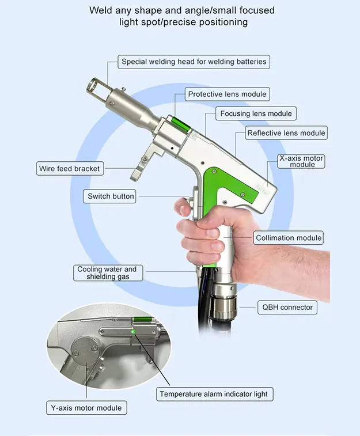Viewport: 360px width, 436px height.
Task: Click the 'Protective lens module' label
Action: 227,94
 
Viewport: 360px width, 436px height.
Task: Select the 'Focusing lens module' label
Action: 256,113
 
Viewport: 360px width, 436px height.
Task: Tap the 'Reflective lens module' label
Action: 286,133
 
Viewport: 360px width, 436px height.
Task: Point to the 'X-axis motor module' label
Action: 301,161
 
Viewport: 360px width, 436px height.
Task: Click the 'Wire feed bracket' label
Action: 70,169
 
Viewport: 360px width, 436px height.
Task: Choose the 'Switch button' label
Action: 109,196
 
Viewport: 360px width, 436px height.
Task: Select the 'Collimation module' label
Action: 288,238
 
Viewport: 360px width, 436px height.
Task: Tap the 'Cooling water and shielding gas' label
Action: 108,273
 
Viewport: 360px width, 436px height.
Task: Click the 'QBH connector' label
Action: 287,307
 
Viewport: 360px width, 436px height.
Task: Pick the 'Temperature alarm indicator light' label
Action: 215,394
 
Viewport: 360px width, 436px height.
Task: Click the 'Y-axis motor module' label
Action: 86,408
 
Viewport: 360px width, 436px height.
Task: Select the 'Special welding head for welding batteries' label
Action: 194,62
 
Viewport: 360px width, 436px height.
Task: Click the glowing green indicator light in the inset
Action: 133,331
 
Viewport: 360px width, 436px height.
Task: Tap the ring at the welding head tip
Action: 94,86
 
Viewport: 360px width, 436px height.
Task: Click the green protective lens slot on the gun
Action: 181,124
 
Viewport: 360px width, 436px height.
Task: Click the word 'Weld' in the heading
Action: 100,10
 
